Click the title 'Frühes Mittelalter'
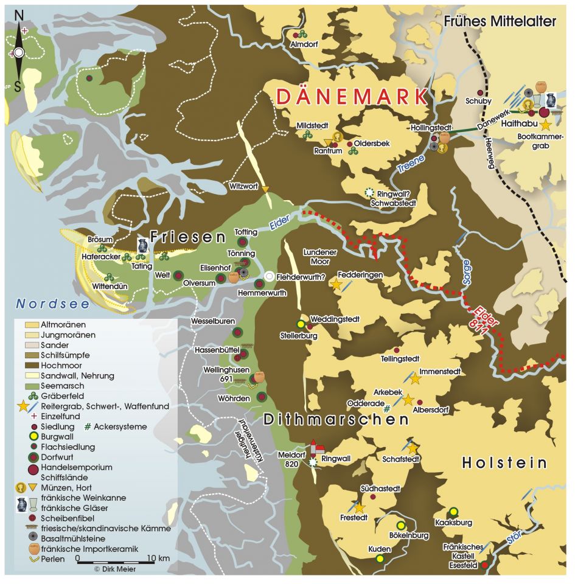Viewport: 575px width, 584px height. coord(500,22)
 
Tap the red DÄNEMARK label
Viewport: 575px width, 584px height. coord(350,97)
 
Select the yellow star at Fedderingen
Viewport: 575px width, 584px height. coord(335,284)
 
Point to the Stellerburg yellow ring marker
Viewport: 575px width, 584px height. coord(299,324)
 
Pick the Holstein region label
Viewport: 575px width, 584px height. coord(505,463)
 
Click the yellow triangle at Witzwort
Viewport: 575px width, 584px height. coord(265,190)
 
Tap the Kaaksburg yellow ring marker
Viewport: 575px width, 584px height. coord(453,511)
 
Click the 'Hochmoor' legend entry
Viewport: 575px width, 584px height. coord(57,366)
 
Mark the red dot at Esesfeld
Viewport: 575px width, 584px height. coord(484,565)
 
